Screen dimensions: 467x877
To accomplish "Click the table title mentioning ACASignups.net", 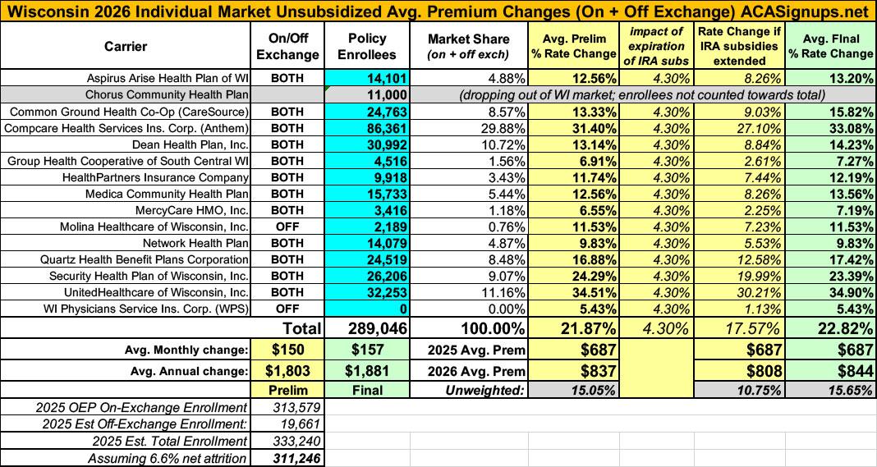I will [438, 11].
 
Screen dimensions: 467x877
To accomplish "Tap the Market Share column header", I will [468, 46].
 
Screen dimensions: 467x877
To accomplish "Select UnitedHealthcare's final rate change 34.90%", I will [846, 292].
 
